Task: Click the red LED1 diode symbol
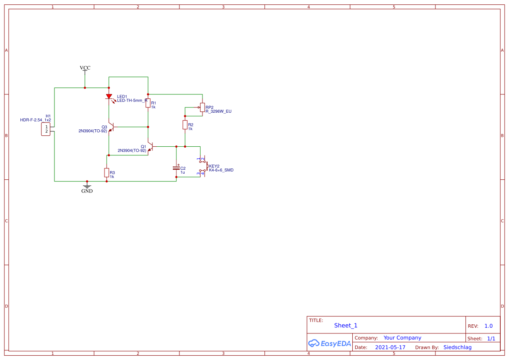(109, 97)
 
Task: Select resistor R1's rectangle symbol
(148, 103)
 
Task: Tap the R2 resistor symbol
(185, 125)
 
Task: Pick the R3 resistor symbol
(107, 172)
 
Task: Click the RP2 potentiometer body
(202, 107)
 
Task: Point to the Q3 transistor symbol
(111, 127)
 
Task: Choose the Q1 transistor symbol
(150, 146)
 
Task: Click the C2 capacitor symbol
(176, 168)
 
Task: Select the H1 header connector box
(46, 129)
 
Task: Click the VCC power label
(85, 68)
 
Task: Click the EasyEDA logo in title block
(329, 343)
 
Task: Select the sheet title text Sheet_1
(346, 326)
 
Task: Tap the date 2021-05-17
(390, 347)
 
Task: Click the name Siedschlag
(457, 347)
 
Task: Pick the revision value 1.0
(489, 326)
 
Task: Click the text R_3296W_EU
(219, 111)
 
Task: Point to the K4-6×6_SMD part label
(221, 170)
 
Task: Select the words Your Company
(402, 338)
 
